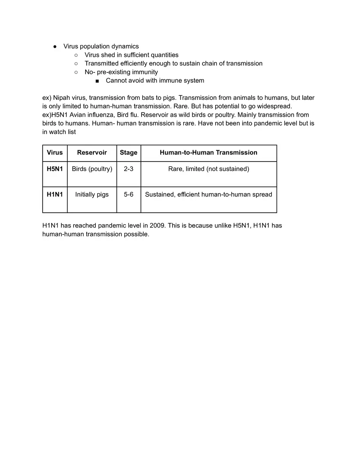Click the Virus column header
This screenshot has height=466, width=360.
pyautogui.click(x=55, y=153)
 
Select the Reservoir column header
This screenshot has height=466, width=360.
pyautogui.click(x=92, y=153)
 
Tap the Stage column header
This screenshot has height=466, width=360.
pyautogui.click(x=128, y=153)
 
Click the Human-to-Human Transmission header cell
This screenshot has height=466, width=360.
pyautogui.click(x=208, y=153)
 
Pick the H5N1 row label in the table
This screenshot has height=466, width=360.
pyautogui.click(x=55, y=169)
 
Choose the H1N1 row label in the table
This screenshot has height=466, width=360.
pyautogui.click(x=55, y=194)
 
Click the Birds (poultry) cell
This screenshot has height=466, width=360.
pyautogui.click(x=92, y=169)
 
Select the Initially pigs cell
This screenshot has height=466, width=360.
pyautogui.click(x=92, y=194)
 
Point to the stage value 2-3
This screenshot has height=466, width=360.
pyautogui.click(x=128, y=169)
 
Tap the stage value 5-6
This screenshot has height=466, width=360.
pyautogui.click(x=128, y=194)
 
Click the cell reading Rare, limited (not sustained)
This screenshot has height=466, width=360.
pyautogui.click(x=208, y=169)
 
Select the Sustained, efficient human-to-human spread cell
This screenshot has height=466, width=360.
pyautogui.click(x=208, y=194)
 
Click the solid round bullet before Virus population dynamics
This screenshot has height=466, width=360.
pyautogui.click(x=55, y=47)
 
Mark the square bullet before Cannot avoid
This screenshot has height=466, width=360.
pyautogui.click(x=97, y=81)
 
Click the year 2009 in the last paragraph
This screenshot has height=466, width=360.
pyautogui.click(x=157, y=225)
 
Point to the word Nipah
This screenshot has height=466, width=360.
pyautogui.click(x=62, y=98)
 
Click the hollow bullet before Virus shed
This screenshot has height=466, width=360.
pyautogui.click(x=76, y=55)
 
